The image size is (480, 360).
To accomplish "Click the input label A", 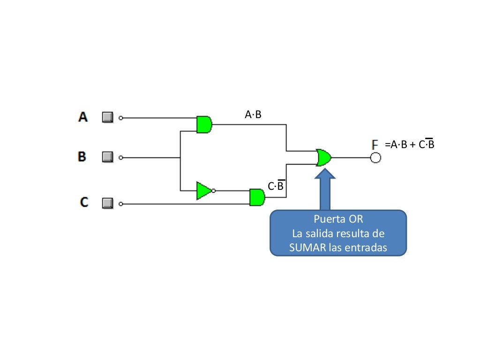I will point(83,117).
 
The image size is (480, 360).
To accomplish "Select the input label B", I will point(82,157).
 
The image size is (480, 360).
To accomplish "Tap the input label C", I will point(84,202).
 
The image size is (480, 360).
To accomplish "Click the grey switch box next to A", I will point(108,117).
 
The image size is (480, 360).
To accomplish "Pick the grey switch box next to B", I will point(108,157).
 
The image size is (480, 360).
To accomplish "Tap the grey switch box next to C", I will point(108,203).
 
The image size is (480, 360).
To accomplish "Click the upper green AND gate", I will point(204,125).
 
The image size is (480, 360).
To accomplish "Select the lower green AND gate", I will point(257,197).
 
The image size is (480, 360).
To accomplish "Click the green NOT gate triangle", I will point(204,191).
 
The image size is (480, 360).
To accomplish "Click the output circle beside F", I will point(375,158).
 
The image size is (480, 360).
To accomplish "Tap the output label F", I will point(375,145).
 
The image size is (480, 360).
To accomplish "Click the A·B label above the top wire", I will point(253,114).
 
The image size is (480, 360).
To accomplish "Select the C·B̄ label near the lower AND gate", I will point(276,186).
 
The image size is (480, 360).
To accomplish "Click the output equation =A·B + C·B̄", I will point(410,144).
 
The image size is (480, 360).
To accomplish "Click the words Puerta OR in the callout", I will point(338,219).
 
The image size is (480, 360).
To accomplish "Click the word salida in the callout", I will point(323,233).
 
